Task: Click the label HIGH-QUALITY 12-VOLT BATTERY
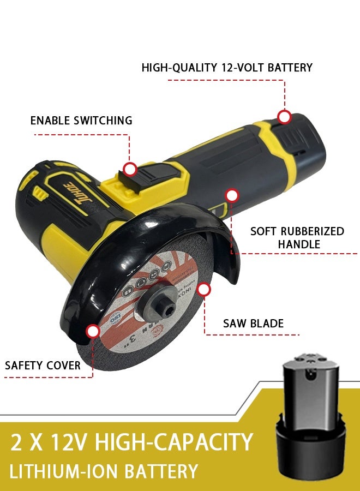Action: (226, 68)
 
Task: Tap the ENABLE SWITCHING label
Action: (81, 121)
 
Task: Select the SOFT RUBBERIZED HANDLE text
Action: (297, 237)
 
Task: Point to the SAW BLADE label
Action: (253, 323)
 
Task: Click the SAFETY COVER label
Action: (43, 365)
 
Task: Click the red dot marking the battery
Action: (284, 117)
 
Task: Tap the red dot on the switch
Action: (129, 169)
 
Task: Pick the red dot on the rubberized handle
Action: (232, 195)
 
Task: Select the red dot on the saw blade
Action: (204, 289)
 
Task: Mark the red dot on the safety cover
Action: (93, 331)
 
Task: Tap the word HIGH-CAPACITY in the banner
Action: (174, 442)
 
